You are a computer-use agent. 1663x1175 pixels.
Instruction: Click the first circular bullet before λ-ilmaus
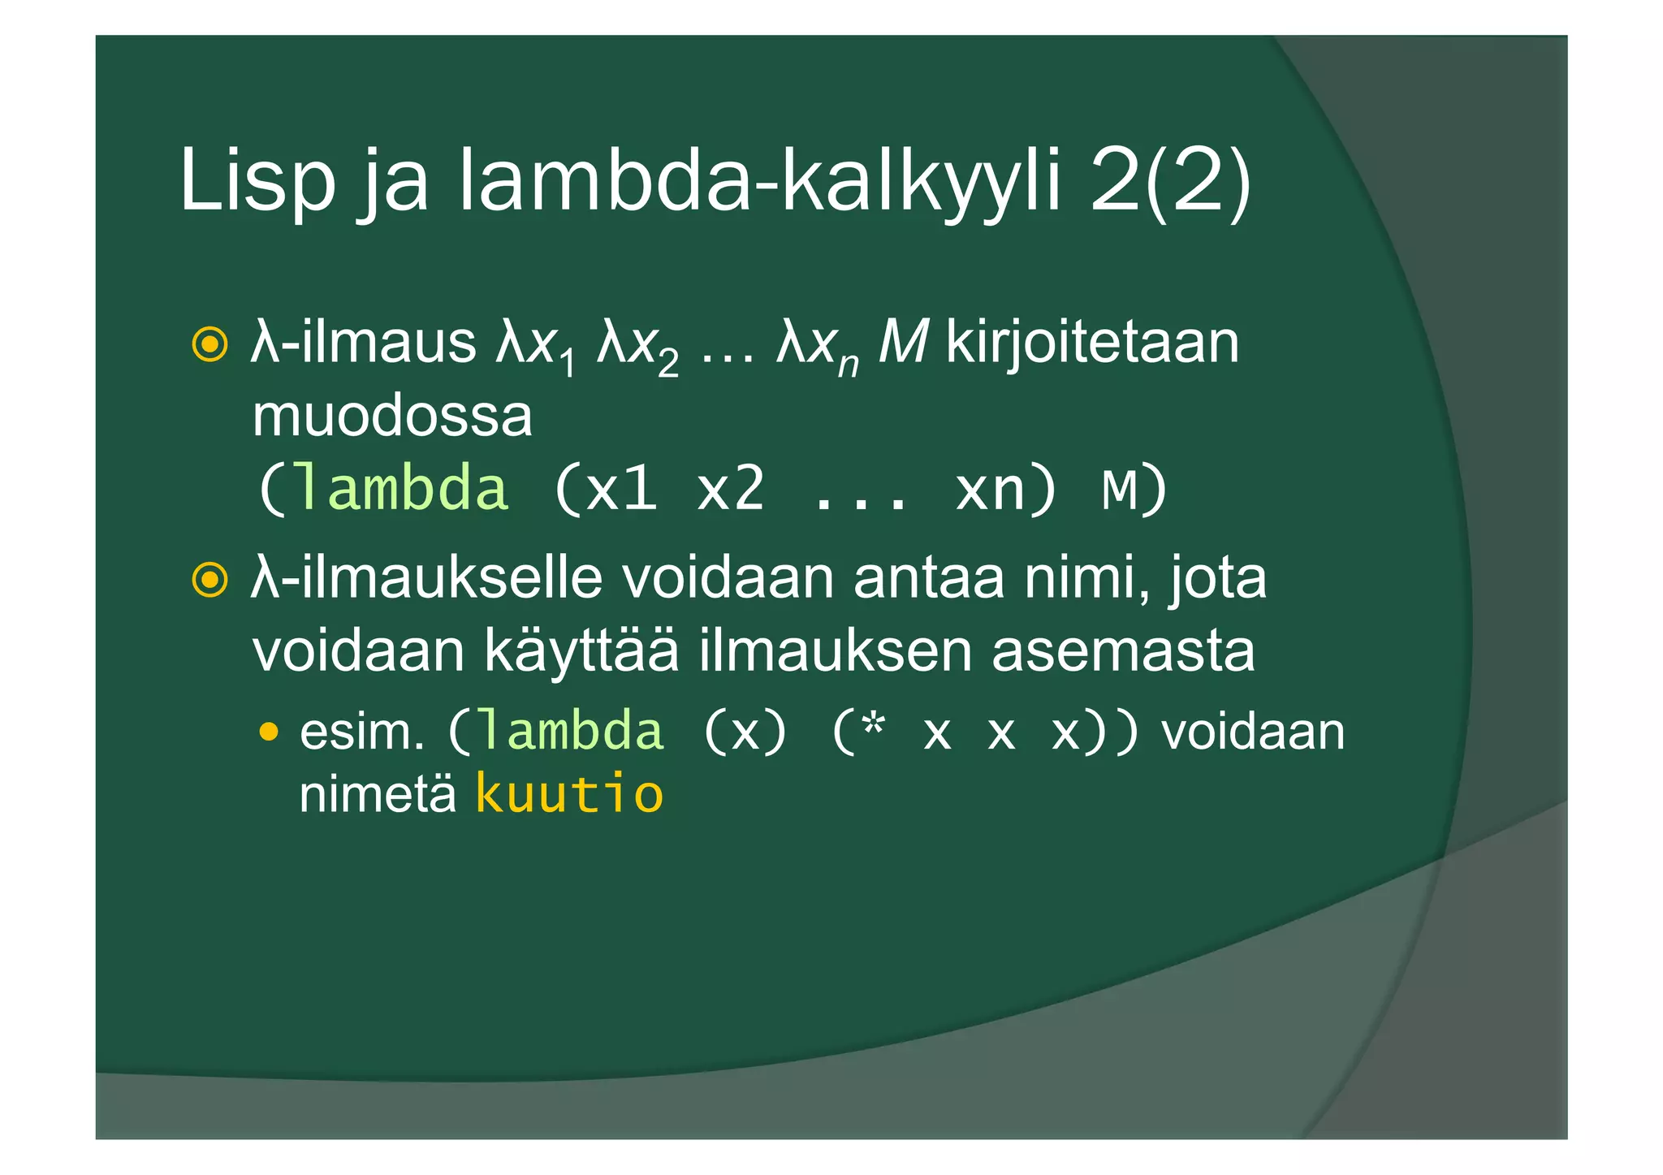click(209, 344)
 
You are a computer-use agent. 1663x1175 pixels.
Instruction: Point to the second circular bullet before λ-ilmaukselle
click(209, 580)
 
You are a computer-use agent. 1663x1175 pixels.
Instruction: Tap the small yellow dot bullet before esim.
click(268, 733)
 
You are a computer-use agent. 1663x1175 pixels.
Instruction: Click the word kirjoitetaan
click(1092, 343)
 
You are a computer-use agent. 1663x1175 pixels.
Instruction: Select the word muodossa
click(392, 417)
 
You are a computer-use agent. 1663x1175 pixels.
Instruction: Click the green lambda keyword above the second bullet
click(401, 489)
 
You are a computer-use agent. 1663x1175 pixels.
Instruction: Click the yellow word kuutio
click(569, 794)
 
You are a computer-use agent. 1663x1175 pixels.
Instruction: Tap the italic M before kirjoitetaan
click(902, 343)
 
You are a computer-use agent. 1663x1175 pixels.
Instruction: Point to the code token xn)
click(1006, 489)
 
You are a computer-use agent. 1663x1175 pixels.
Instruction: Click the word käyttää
click(581, 651)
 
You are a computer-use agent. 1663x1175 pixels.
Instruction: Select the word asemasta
click(1123, 651)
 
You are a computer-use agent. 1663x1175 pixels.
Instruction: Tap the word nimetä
click(378, 794)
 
